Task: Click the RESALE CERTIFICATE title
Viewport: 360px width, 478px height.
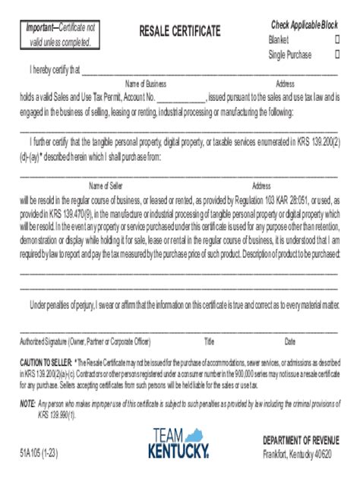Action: pyautogui.click(x=180, y=31)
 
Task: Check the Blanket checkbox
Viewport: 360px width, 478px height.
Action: pyautogui.click(x=337, y=39)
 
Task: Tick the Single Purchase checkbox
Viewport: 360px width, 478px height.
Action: pyautogui.click(x=337, y=55)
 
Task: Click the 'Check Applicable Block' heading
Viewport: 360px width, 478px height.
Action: pyautogui.click(x=305, y=25)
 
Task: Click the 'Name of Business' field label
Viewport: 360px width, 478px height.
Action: pyautogui.click(x=146, y=83)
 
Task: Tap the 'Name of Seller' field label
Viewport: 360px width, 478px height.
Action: pyautogui.click(x=109, y=185)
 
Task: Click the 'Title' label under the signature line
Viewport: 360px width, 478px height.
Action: pyautogui.click(x=210, y=341)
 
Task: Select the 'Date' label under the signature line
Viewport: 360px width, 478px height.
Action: pyautogui.click(x=290, y=341)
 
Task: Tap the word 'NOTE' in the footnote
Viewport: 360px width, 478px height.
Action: pyautogui.click(x=27, y=403)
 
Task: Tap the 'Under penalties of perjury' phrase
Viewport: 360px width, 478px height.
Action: pyautogui.click(x=77, y=306)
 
